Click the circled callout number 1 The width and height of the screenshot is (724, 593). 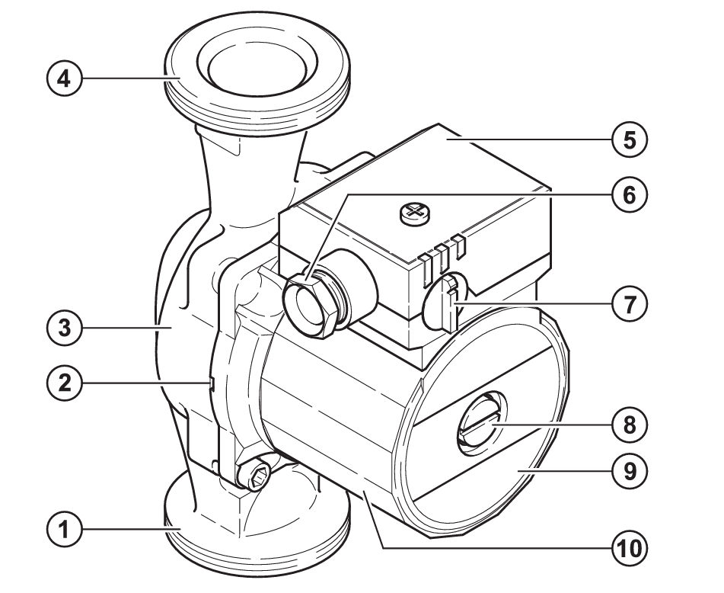pos(65,529)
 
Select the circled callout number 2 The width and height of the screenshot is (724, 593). pos(65,383)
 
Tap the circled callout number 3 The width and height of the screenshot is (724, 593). pos(65,328)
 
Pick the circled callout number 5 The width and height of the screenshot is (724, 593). pos(630,140)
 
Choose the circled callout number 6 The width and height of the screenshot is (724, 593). pos(630,194)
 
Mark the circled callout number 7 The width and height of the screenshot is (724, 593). pos(630,303)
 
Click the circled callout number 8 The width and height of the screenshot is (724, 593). pos(630,425)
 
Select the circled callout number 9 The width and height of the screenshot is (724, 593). pos(630,471)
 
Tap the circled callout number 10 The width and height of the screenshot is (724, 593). pos(630,548)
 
